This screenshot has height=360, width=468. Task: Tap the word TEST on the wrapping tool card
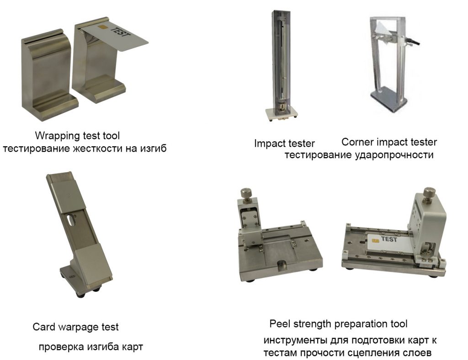tap(120, 32)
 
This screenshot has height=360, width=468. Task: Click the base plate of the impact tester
tap(281, 114)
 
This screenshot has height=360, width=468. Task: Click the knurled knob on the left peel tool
tap(246, 193)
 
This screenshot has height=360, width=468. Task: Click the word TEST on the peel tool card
tap(389, 239)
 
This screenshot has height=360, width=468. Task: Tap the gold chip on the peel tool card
tap(375, 240)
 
